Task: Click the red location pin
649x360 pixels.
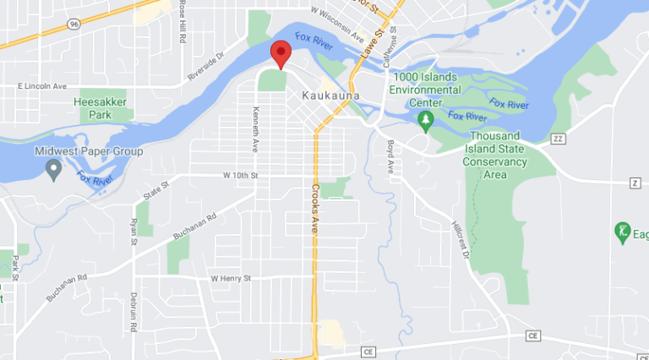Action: click(x=281, y=53)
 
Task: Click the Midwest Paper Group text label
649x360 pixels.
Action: click(x=89, y=151)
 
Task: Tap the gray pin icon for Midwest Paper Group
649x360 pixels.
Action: click(x=54, y=172)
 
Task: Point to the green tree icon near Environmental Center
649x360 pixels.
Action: click(x=426, y=120)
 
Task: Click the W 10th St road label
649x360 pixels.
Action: click(x=239, y=175)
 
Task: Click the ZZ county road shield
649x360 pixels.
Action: click(x=557, y=138)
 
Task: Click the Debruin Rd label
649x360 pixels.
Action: click(x=134, y=310)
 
